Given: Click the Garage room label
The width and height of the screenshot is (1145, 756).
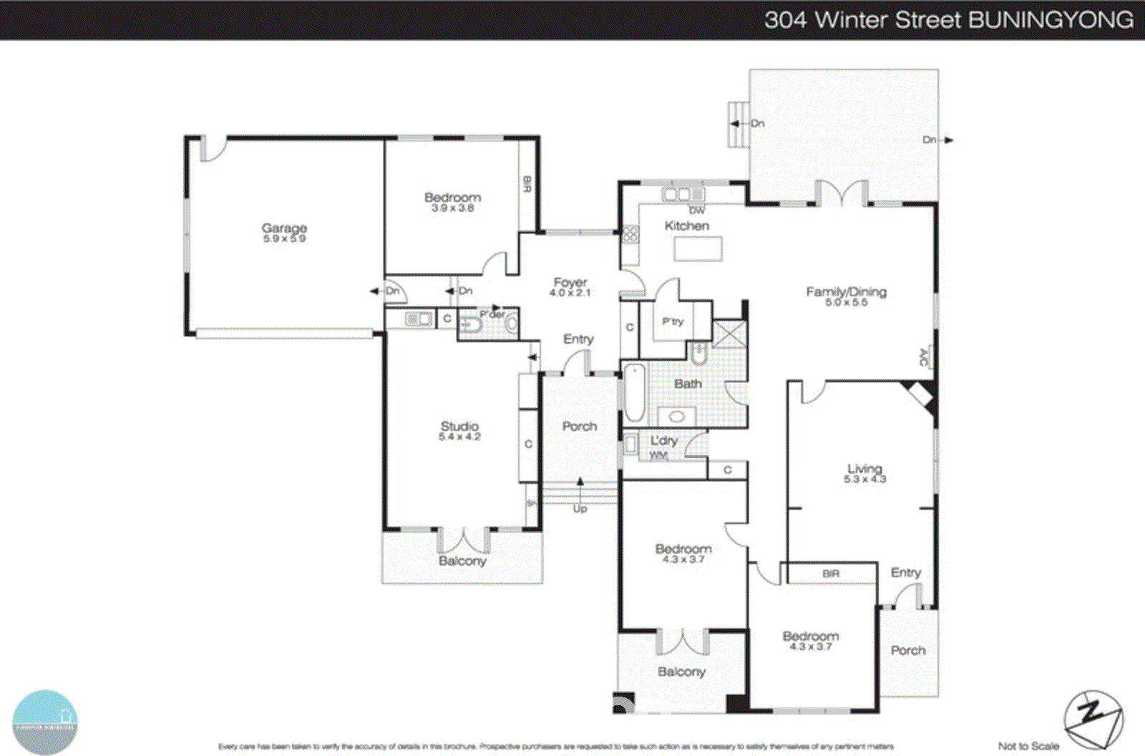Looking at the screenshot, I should click(284, 232).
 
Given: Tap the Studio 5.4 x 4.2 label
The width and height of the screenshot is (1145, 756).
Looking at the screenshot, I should click(459, 430).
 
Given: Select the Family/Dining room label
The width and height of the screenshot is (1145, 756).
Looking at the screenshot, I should click(846, 296).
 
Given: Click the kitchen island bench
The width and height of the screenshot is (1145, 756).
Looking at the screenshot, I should click(698, 249).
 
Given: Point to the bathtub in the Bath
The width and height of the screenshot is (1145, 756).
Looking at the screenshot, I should click(634, 393).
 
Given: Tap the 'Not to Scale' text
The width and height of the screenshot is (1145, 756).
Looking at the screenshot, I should click(1028, 746).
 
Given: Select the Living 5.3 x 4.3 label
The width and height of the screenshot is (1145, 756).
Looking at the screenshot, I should click(864, 473).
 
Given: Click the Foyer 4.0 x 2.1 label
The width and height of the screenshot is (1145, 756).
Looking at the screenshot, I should click(570, 286).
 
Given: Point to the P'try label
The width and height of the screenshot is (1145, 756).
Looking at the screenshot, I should click(673, 321).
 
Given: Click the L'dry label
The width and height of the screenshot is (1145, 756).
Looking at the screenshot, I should click(663, 441).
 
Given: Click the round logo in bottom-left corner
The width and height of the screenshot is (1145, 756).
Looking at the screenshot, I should click(44, 722).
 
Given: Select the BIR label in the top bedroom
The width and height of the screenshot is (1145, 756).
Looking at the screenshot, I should click(527, 185).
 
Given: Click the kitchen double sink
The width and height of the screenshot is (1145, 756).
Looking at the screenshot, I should click(683, 194).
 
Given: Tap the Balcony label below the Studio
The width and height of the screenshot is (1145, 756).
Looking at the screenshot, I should click(462, 561).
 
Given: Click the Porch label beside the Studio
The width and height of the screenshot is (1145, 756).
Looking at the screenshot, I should click(579, 426).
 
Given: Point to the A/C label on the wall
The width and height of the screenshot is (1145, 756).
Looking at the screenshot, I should click(923, 357).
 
